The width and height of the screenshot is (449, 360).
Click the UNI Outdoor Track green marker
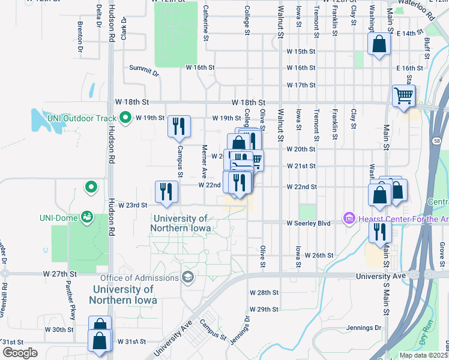coord(125,118)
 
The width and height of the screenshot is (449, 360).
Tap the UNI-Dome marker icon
coord(88,216)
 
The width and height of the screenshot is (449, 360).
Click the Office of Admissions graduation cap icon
coord(188,277)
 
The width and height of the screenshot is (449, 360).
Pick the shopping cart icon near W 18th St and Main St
coord(403,95)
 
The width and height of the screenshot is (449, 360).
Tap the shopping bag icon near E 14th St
coord(379,44)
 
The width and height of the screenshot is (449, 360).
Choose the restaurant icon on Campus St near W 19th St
coord(179,125)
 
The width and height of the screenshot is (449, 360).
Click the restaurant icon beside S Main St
coord(379,231)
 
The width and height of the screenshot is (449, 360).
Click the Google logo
coord(20,353)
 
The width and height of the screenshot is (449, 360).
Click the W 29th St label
coord(265,310)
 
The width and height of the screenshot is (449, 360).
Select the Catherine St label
coord(205,23)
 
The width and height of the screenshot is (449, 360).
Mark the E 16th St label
coord(410,68)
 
